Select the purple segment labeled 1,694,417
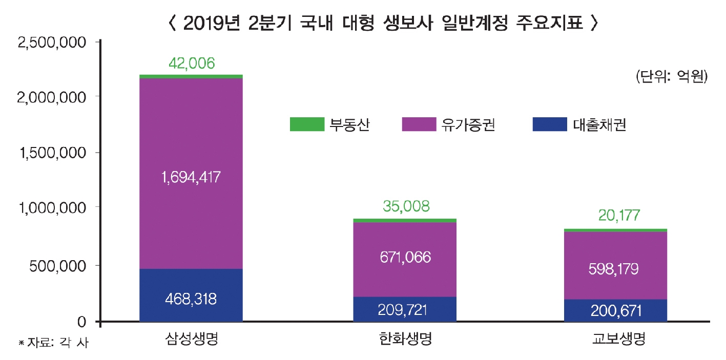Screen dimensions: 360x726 point(191,174)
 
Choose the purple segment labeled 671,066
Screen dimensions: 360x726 point(405,257)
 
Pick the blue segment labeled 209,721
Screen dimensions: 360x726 point(405,309)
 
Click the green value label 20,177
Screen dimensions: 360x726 point(615,216)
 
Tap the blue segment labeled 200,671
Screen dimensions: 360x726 point(615,310)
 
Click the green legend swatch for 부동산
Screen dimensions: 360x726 point(307,124)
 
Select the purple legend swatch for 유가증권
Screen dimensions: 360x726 point(419,124)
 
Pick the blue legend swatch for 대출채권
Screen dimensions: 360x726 point(550,124)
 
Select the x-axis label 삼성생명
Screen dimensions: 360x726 point(192,339)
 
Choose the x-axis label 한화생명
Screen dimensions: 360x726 point(405,339)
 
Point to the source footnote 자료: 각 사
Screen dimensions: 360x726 point(54,343)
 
